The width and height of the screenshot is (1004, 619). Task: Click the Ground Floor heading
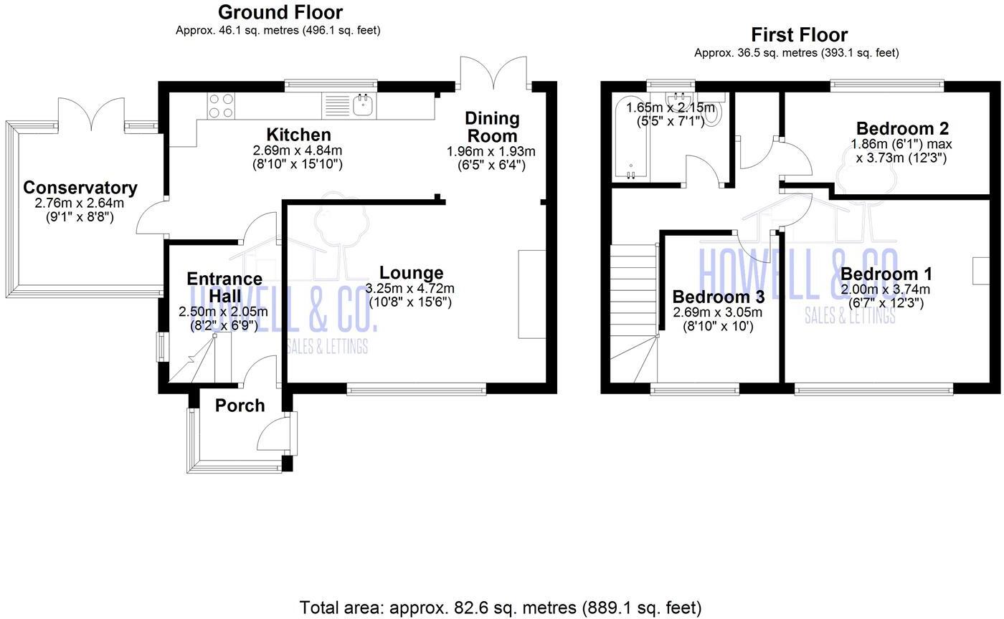(280, 12)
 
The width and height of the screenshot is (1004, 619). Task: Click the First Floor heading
(799, 34)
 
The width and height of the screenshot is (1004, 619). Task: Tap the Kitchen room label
(298, 135)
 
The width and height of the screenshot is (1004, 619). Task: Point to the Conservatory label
(80, 188)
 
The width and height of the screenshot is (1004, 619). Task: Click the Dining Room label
(491, 127)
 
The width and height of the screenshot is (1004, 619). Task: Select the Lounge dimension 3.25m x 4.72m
(409, 288)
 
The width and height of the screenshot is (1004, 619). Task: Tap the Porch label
(240, 406)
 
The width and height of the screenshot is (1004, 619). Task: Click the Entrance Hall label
(224, 287)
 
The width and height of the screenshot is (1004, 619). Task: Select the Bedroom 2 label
(901, 128)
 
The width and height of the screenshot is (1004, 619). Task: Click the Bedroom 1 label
(886, 274)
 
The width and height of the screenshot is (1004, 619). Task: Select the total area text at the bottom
(500, 608)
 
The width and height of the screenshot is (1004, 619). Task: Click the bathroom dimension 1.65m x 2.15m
(670, 107)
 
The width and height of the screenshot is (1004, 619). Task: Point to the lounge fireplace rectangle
(531, 294)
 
